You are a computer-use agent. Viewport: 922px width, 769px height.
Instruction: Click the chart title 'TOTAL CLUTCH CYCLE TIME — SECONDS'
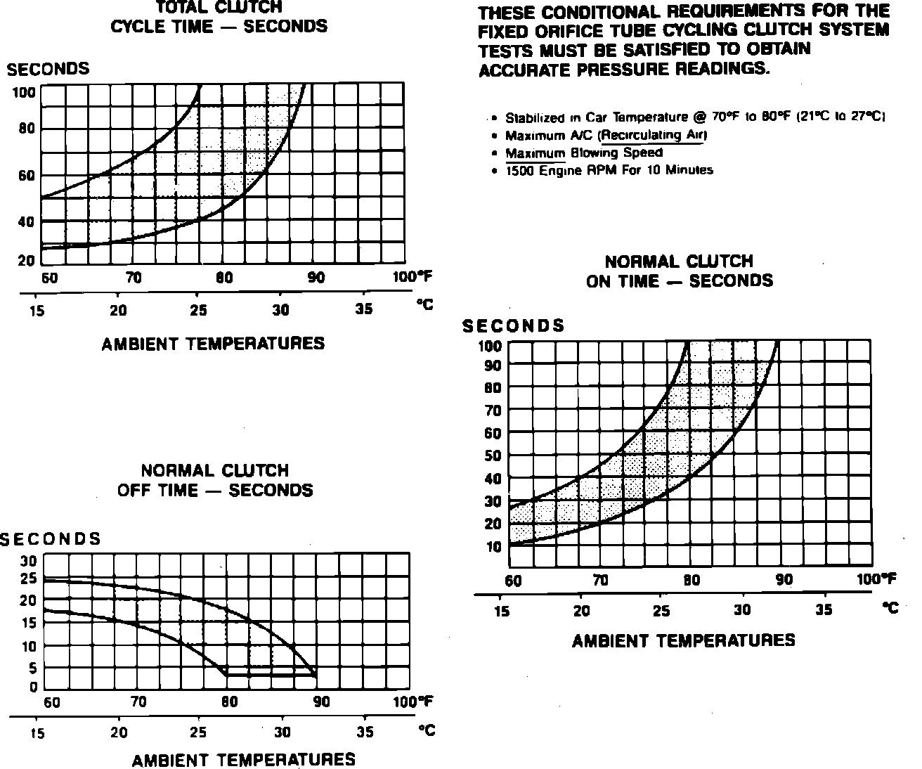(x=219, y=17)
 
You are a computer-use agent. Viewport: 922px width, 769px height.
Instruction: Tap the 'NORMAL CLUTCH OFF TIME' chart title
(x=214, y=480)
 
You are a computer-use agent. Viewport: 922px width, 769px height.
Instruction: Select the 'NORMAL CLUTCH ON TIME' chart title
(x=679, y=271)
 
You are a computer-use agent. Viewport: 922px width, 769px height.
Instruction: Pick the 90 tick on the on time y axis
(x=492, y=366)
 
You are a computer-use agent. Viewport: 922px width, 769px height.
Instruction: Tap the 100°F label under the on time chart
(x=876, y=579)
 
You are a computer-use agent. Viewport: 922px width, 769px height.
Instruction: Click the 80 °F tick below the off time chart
(x=230, y=702)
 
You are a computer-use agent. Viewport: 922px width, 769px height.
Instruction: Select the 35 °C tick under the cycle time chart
(x=363, y=309)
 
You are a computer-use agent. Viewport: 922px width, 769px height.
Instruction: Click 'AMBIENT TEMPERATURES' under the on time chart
(x=683, y=640)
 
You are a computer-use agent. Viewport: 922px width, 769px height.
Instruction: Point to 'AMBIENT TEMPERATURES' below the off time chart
(x=243, y=760)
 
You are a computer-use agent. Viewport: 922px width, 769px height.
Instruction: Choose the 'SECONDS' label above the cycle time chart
(x=48, y=69)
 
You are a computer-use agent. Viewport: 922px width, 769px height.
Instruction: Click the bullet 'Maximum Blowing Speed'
(x=583, y=153)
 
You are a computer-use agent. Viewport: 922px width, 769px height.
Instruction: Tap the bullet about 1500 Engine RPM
(x=609, y=170)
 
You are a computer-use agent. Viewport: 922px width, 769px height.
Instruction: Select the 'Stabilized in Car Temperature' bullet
(x=694, y=117)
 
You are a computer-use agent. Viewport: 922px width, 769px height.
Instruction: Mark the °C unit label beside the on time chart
(x=890, y=609)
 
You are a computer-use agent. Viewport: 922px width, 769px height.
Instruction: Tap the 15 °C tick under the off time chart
(x=37, y=733)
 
